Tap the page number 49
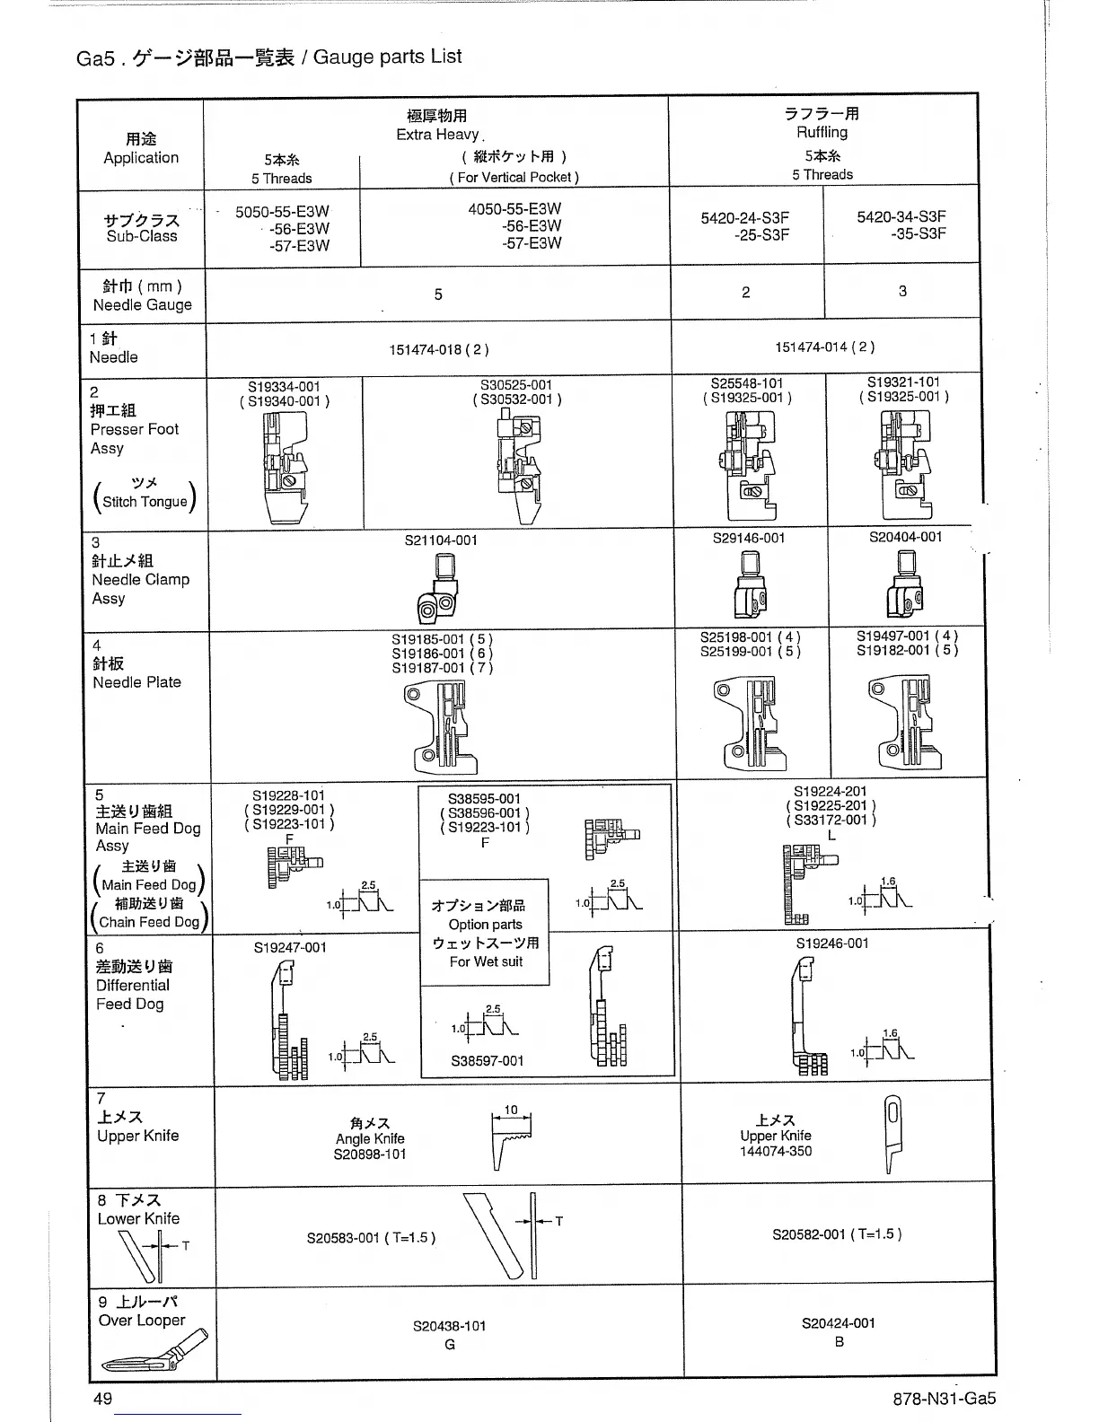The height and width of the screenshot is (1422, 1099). click(102, 1399)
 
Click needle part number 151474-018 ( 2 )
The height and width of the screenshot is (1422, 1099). click(438, 349)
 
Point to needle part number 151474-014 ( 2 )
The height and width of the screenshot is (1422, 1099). click(824, 347)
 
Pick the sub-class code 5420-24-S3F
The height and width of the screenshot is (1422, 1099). click(746, 217)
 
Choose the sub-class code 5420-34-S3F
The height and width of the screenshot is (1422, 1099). click(901, 217)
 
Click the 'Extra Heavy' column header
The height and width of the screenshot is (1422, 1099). click(438, 135)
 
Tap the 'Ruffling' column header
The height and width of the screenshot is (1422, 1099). click(822, 132)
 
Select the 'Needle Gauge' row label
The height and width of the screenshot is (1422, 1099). click(142, 305)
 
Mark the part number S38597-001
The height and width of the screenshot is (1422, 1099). click(487, 1060)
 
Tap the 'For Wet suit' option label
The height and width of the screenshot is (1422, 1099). click(486, 961)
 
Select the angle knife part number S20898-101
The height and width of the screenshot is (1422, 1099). click(370, 1154)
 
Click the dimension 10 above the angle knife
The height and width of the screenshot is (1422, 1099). click(511, 1110)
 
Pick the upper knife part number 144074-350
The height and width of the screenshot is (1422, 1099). click(776, 1151)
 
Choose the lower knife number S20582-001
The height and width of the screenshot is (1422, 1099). click(836, 1234)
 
